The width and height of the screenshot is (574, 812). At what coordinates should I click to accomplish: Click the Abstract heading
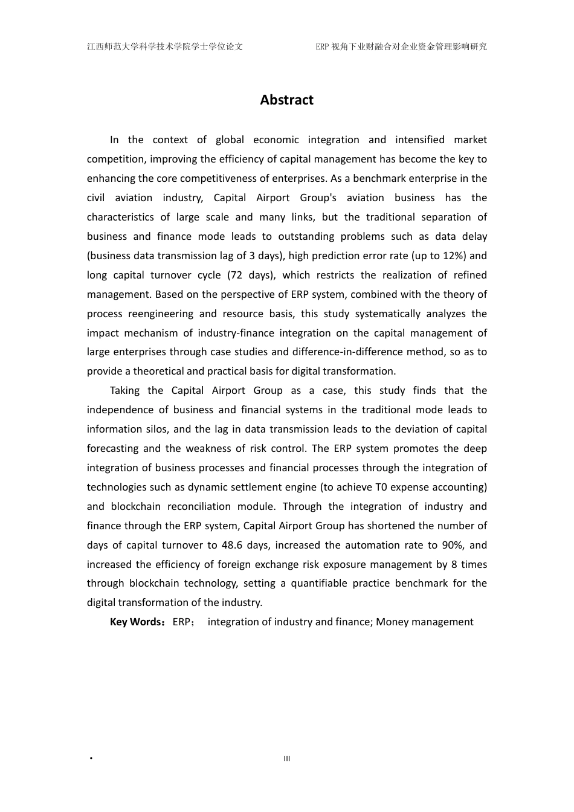pyautogui.click(x=286, y=100)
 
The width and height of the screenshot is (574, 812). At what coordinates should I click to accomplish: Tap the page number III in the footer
pyautogui.click(x=287, y=759)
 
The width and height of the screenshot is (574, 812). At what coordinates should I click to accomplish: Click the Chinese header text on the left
pyautogui.click(x=165, y=47)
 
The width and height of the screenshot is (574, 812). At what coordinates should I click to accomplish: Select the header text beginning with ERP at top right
pyautogui.click(x=401, y=47)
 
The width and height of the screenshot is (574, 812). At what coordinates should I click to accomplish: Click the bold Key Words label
pyautogui.click(x=136, y=622)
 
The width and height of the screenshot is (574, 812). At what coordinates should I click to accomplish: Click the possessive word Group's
pyautogui.click(x=318, y=198)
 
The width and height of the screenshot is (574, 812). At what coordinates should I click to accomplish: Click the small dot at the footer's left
pyautogui.click(x=91, y=759)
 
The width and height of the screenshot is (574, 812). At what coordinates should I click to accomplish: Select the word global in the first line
pyautogui.click(x=230, y=140)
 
